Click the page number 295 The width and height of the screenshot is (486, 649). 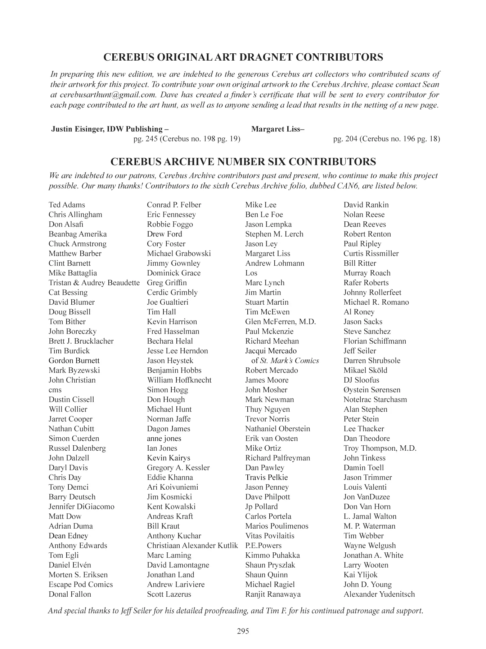point(243,631)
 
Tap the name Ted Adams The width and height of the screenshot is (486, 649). point(67,205)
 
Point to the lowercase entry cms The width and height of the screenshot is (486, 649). point(55,390)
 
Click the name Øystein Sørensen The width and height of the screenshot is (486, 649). point(372,390)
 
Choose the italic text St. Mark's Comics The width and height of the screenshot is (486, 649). point(289,361)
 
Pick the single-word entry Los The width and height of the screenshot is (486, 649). point(251,273)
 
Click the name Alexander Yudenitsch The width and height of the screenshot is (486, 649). point(379,594)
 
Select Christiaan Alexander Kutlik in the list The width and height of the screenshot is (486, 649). point(192,546)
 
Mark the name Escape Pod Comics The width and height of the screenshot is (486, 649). point(81,584)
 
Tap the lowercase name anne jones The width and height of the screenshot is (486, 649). point(164,438)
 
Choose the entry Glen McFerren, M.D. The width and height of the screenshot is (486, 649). point(280,322)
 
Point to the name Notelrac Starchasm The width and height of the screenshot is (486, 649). point(375,399)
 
